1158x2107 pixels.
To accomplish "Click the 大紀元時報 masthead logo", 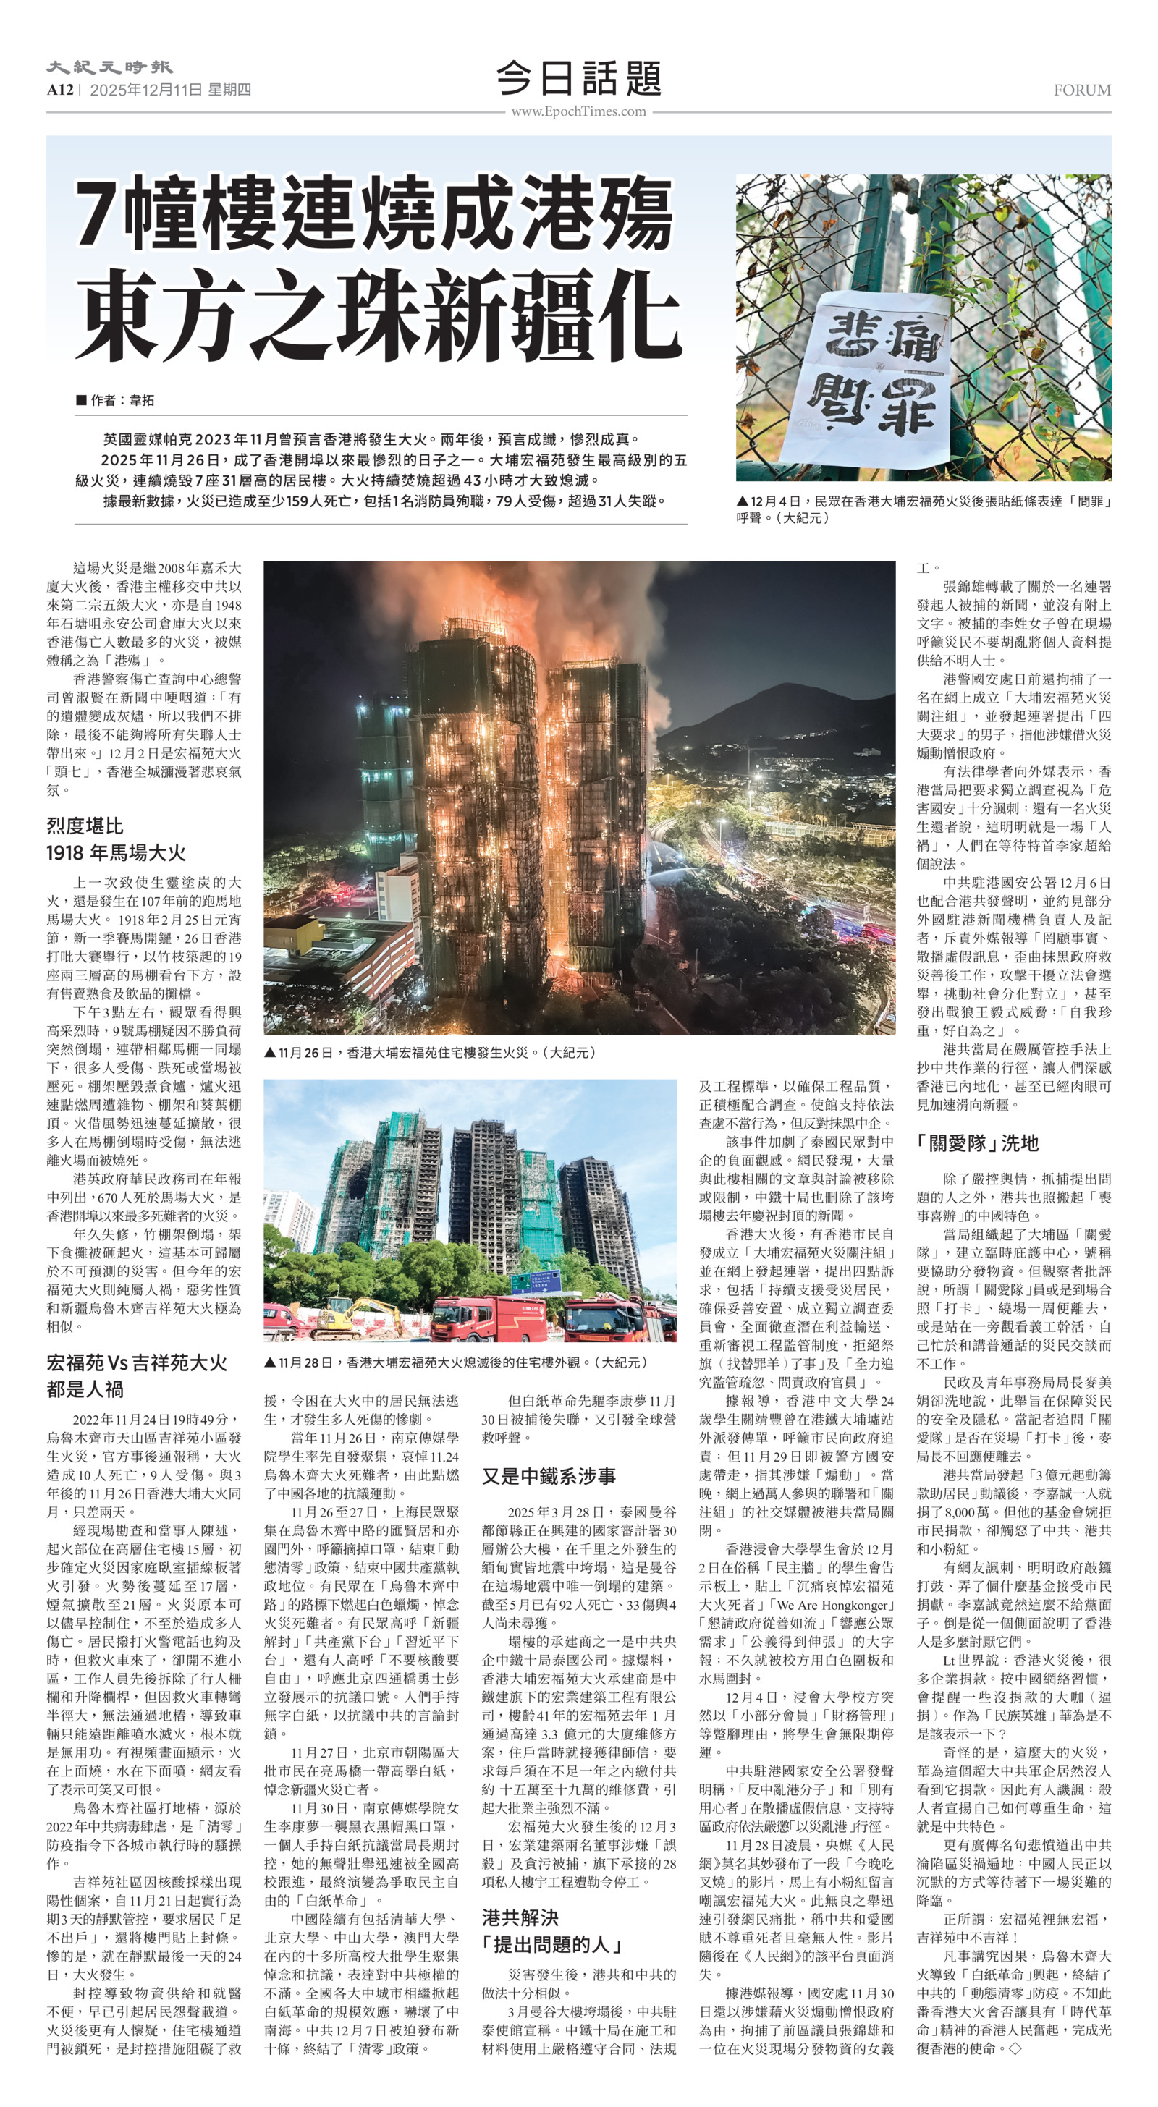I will tap(109, 67).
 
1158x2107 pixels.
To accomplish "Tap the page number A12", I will tap(60, 90).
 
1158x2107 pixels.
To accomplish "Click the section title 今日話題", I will tap(578, 79).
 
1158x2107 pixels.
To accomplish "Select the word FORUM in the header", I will tap(1082, 90).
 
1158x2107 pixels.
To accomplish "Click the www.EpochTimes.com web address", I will tap(578, 111).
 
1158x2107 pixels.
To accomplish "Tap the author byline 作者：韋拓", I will tap(114, 400).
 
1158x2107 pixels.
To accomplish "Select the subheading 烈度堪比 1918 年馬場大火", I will tap(117, 839).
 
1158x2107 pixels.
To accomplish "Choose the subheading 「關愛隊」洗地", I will tap(977, 1142).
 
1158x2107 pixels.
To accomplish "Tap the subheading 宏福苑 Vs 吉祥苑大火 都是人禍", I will tap(137, 1375).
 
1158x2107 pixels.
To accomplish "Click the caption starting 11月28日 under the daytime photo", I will tap(456, 1362).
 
